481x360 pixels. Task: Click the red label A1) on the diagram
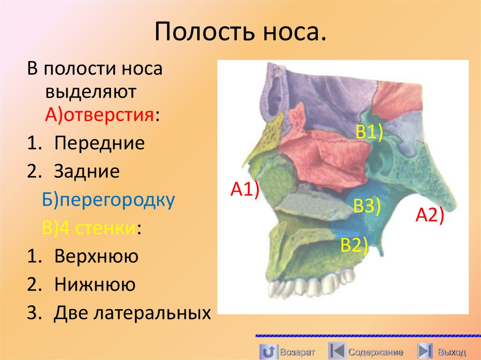click(244, 191)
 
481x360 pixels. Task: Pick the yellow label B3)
click(367, 206)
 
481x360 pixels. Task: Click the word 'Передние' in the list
click(99, 143)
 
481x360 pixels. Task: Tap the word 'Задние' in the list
click(87, 171)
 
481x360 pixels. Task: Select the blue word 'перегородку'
click(116, 200)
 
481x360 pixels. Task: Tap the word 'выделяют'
click(91, 92)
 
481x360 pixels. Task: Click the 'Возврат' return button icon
click(268, 352)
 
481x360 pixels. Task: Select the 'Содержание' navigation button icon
click(337, 352)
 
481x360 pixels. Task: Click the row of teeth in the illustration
click(310, 285)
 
